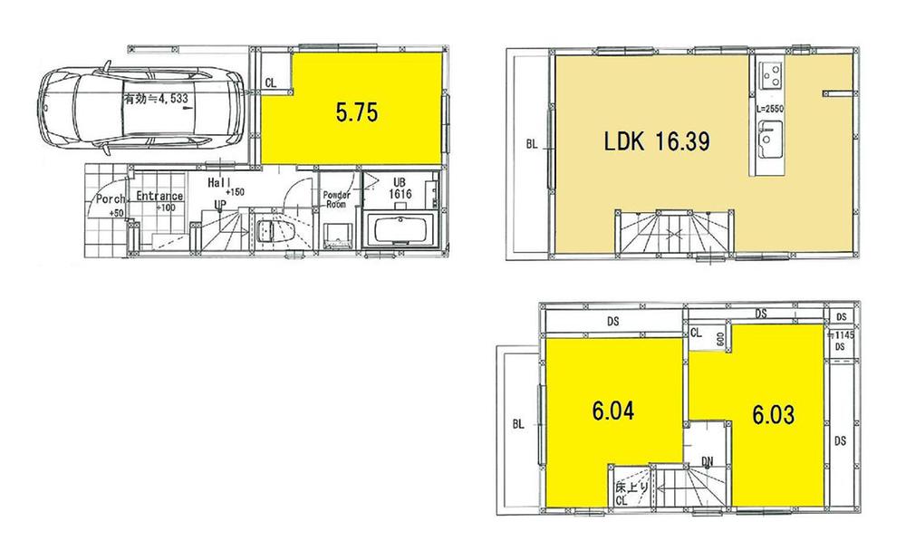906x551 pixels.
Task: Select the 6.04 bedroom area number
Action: tap(613, 411)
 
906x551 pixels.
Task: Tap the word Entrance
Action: tap(159, 197)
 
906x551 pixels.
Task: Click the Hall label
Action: tap(218, 182)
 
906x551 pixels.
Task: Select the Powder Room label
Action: tap(337, 199)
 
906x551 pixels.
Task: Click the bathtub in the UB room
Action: tap(401, 229)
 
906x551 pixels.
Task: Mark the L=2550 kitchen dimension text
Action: tap(768, 109)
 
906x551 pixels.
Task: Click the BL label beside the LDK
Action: tap(532, 143)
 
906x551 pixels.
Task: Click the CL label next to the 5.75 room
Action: tap(271, 82)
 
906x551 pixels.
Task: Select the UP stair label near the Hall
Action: tap(219, 204)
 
